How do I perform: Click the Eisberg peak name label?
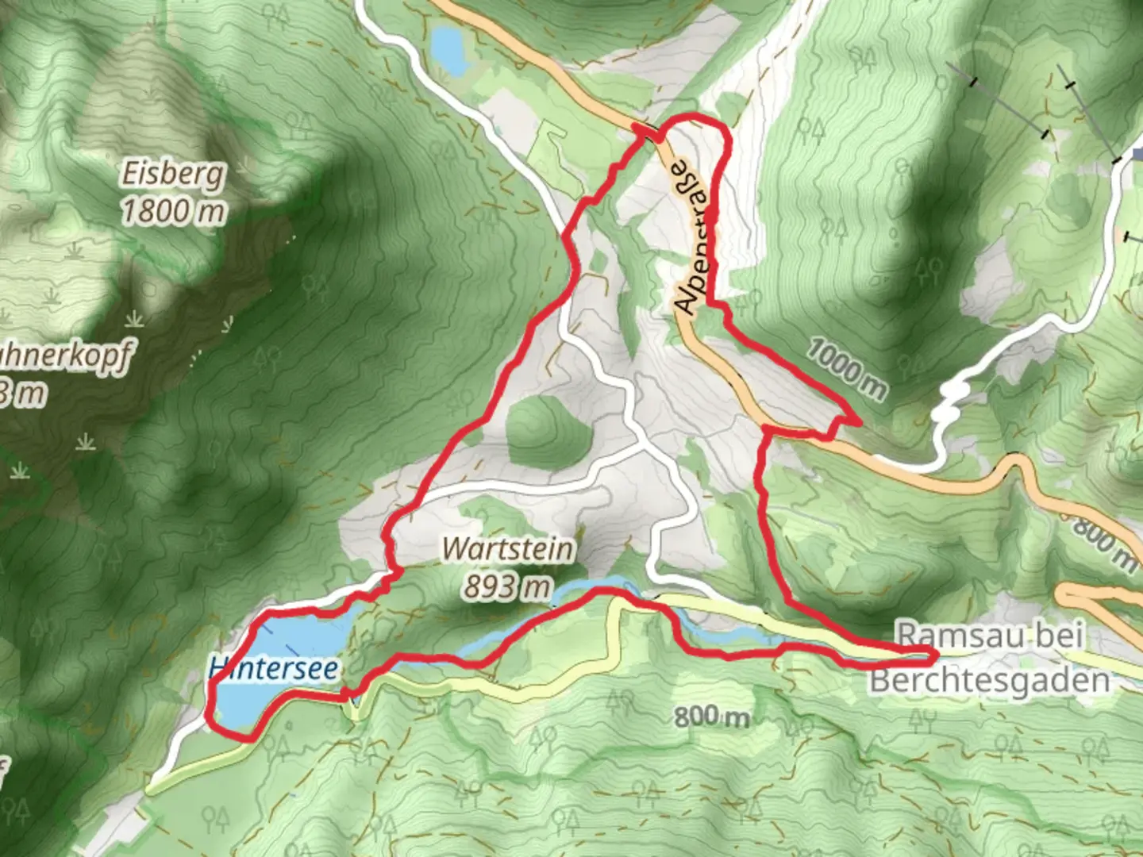(x=172, y=174)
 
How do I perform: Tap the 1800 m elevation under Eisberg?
(x=172, y=211)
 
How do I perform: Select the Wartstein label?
(x=507, y=549)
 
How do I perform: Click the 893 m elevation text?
(x=507, y=586)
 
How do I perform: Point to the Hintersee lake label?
(x=274, y=669)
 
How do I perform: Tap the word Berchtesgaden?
(x=990, y=680)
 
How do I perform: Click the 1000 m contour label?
(x=847, y=367)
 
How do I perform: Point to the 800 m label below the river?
(x=711, y=717)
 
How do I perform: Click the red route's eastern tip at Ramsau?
(x=933, y=655)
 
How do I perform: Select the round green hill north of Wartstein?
(x=547, y=433)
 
